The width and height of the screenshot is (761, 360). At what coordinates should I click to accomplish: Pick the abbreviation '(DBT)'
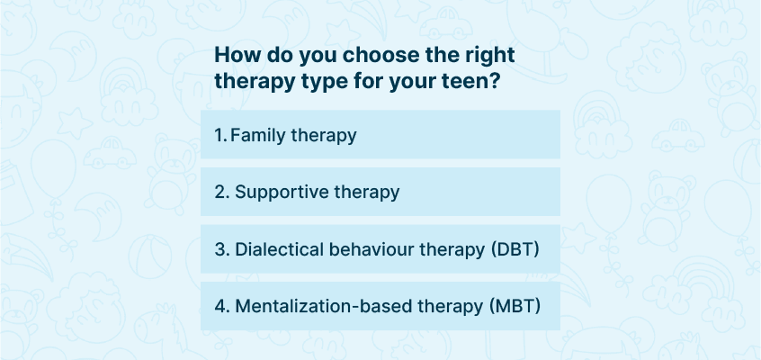(515, 249)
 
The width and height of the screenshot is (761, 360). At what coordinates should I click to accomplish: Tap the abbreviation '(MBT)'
(515, 307)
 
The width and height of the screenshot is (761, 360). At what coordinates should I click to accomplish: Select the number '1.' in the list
(220, 136)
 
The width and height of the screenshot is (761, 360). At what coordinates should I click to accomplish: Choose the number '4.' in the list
(222, 307)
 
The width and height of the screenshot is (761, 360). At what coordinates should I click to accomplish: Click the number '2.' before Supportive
(222, 193)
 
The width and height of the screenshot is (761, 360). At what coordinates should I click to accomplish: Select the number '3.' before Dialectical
(222, 249)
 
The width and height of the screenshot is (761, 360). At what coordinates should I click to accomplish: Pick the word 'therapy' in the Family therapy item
(324, 136)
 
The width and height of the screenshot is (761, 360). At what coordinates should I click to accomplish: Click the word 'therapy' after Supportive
(366, 193)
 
